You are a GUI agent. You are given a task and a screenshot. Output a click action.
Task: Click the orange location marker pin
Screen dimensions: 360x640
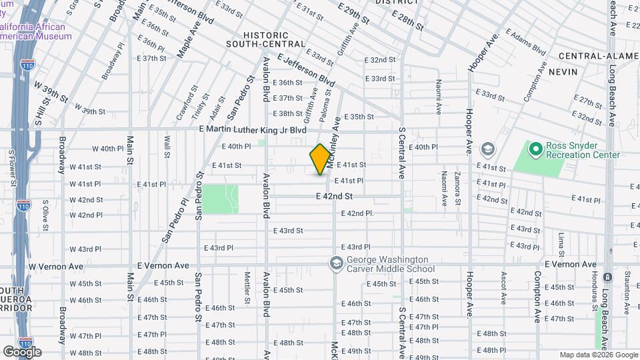coord(320,159)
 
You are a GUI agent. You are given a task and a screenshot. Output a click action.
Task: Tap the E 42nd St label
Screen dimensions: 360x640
coord(334,197)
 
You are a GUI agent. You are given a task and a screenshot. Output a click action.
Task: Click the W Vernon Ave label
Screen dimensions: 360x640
coord(56,266)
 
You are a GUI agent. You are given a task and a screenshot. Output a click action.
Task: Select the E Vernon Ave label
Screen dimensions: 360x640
coord(570,264)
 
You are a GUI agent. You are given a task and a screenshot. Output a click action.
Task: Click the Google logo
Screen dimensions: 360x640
coord(22,351)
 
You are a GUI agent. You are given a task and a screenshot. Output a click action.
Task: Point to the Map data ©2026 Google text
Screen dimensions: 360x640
coord(598,355)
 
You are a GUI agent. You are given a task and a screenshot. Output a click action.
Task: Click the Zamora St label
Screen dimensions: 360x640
coord(458,186)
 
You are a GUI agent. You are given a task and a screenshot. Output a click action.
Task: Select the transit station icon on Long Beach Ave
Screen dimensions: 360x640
coord(607,277)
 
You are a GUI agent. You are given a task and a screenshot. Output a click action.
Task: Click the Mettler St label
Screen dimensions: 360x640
coord(247,287)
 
